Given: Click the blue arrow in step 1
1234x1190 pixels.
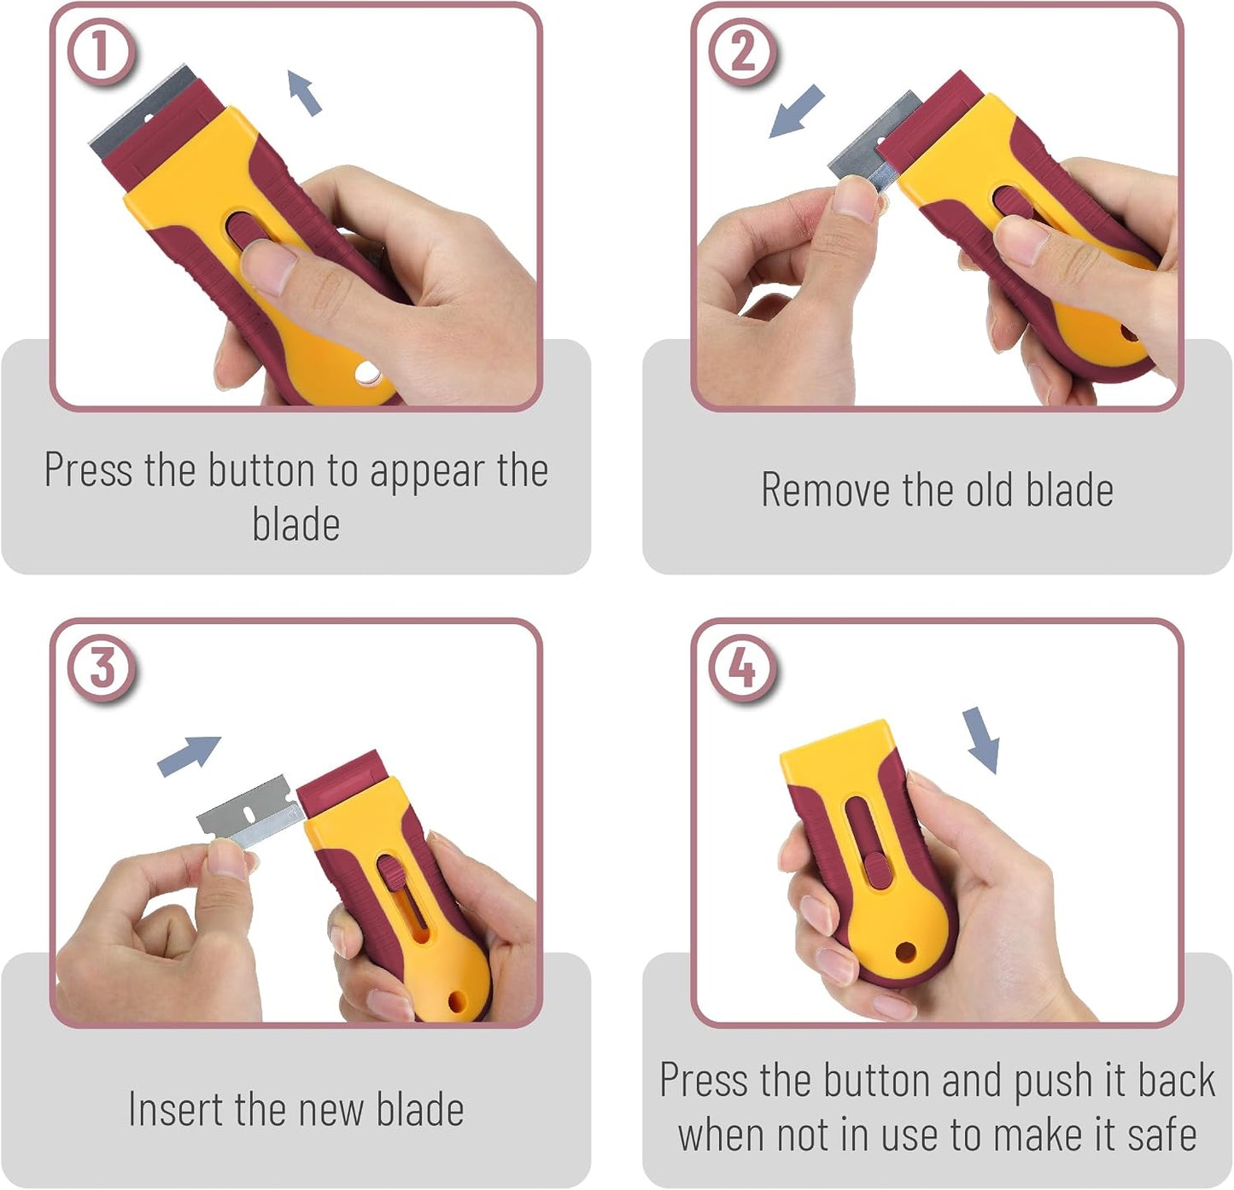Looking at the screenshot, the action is [304, 92].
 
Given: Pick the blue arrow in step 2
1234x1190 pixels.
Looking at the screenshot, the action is [797, 111].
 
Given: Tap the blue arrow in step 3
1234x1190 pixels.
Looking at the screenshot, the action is [189, 755].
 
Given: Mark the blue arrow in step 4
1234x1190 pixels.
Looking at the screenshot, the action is [981, 740].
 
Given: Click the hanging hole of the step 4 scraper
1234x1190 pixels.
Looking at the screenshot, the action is [905, 952].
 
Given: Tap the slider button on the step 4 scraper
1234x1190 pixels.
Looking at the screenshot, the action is [878, 870].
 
